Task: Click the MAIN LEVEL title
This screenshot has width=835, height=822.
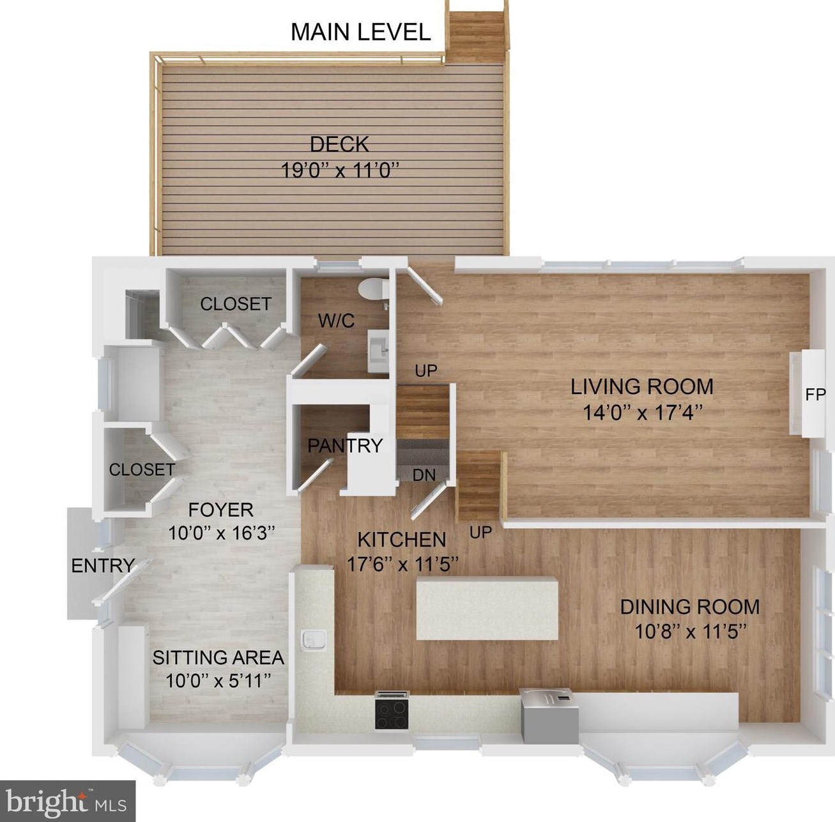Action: pos(360,32)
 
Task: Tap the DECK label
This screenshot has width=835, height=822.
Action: pos(339,144)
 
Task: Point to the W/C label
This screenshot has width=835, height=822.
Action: pos(336,321)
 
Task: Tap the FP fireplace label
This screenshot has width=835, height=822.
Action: pos(815,395)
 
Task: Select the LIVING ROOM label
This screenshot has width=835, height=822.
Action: pos(641,386)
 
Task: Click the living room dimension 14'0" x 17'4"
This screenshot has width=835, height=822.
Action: pos(642,413)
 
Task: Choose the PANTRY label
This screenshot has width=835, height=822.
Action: pos(344,445)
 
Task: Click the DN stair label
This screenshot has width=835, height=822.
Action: pos(424,475)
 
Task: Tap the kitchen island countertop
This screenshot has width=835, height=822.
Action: pos(487,607)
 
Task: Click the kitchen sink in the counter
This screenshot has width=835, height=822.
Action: pos(314,638)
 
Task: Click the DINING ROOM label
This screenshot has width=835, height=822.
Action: pos(689,606)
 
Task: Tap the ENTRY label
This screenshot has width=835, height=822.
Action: pos(102,565)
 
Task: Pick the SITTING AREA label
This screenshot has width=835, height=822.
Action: pos(218,657)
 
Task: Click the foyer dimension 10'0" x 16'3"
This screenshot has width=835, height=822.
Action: pos(221,533)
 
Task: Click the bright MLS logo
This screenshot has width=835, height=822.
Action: pos(67,801)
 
